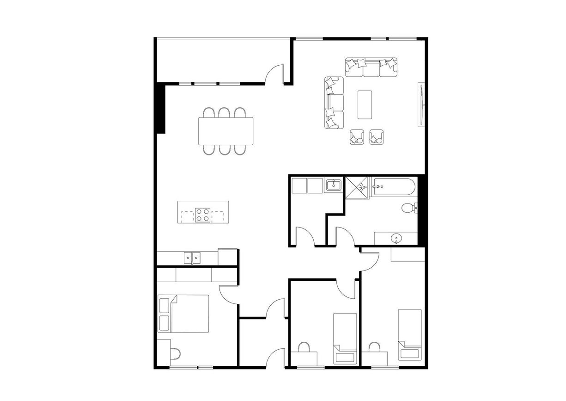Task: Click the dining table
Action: coord(226,131)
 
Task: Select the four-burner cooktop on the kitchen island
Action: coord(202,215)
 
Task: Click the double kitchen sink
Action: coord(192,257)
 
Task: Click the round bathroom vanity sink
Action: coord(396,239)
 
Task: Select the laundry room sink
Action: coord(333,186)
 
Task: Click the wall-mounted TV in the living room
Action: coord(421,104)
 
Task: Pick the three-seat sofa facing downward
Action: coord(371,68)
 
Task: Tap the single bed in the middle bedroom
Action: coord(345,338)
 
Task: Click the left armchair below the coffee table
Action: coord(357,137)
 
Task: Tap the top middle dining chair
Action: coord(225,113)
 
